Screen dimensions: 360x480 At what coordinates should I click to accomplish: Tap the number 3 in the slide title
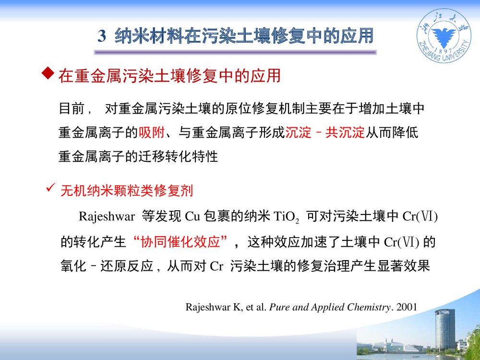click(101, 36)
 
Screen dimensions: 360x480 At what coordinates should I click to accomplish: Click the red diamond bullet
click(47, 73)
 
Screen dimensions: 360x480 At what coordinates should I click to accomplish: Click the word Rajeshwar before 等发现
click(106, 217)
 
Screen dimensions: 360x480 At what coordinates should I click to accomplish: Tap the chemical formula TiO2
click(286, 217)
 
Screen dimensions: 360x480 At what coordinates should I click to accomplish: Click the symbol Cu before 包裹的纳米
click(192, 217)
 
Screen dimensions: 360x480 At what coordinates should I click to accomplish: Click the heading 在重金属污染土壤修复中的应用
click(169, 76)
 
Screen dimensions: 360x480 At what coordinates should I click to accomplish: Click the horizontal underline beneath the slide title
click(235, 52)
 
